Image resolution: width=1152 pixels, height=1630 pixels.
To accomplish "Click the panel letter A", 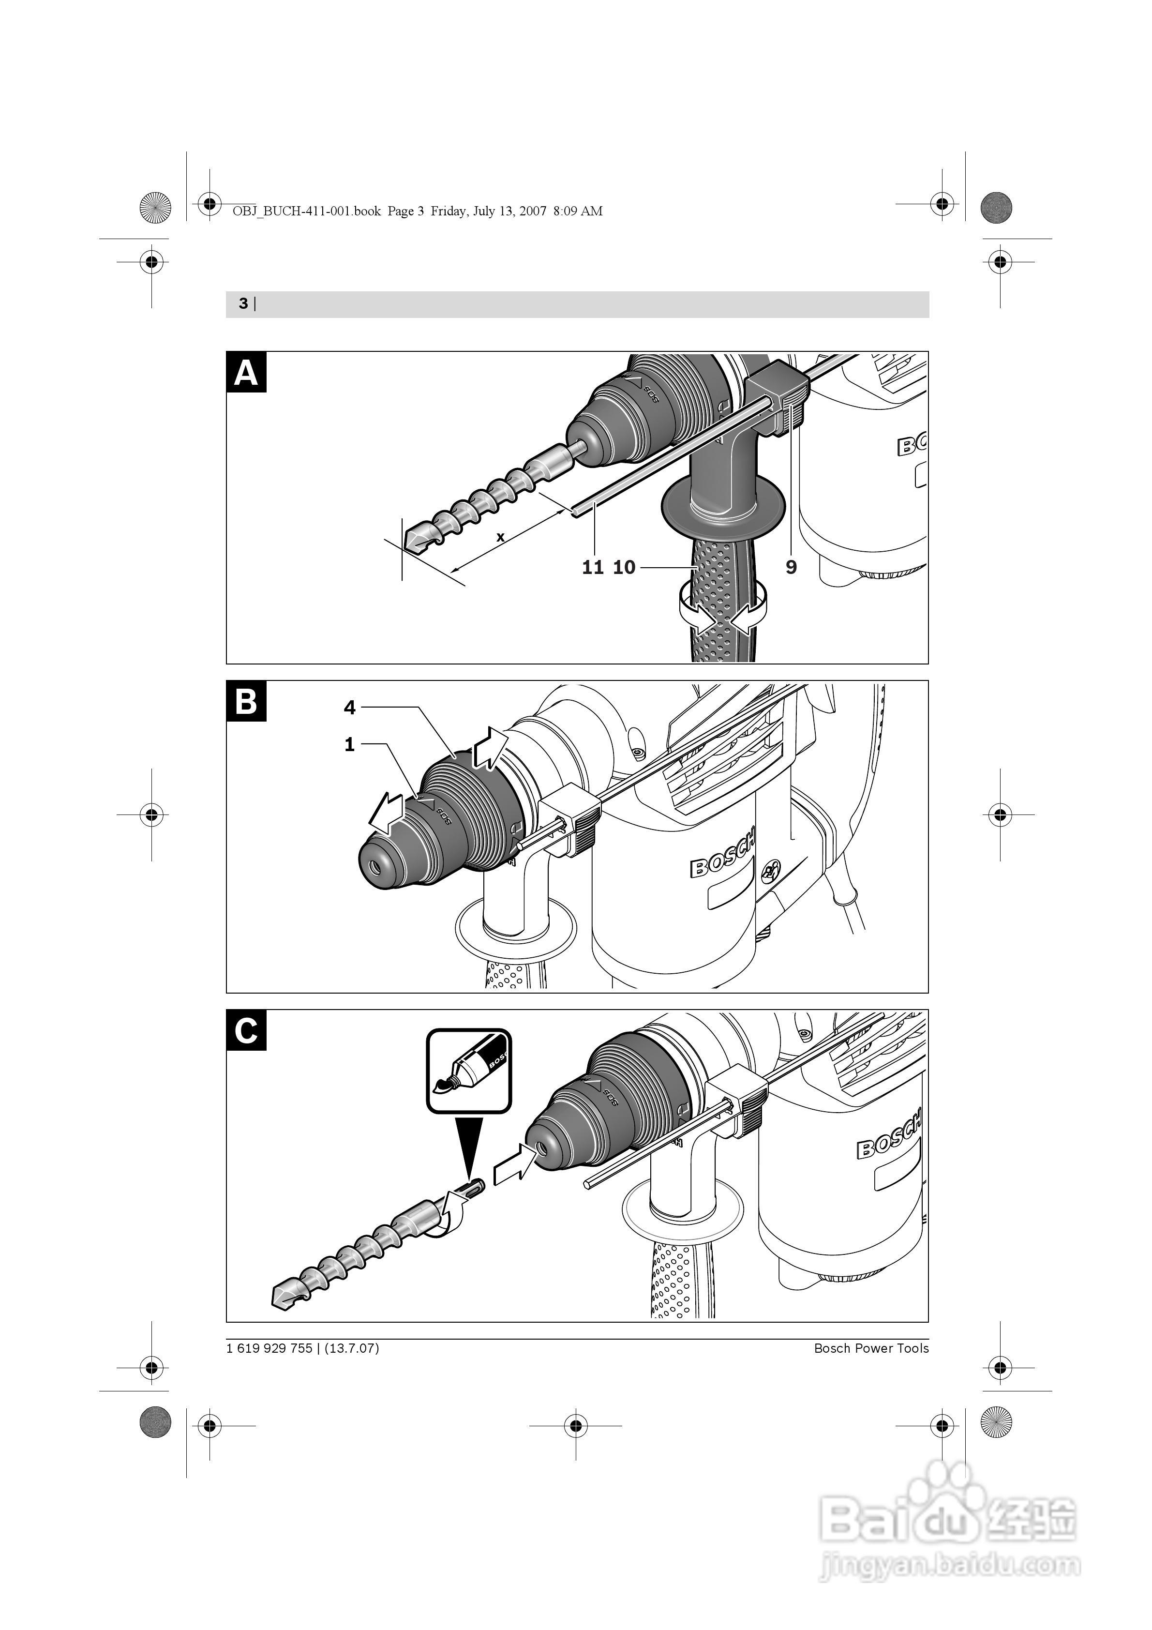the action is pyautogui.click(x=246, y=372).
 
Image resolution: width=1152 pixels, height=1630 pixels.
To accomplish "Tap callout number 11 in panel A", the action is pyautogui.click(x=593, y=567).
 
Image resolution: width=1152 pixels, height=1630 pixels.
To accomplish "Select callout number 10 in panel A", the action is pyautogui.click(x=625, y=567).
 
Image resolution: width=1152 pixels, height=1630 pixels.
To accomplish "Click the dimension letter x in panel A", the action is pyautogui.click(x=500, y=537).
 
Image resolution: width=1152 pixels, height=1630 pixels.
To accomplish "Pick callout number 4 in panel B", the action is pyautogui.click(x=349, y=707).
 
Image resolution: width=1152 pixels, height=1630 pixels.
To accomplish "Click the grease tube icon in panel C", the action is pyautogui.click(x=468, y=1072).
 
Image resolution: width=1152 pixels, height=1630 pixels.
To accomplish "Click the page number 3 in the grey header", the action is pyautogui.click(x=243, y=304).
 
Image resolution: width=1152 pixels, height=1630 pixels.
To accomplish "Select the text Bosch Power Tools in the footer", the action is pyautogui.click(x=871, y=1349).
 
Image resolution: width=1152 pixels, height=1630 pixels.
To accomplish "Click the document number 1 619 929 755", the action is pyautogui.click(x=269, y=1349).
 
